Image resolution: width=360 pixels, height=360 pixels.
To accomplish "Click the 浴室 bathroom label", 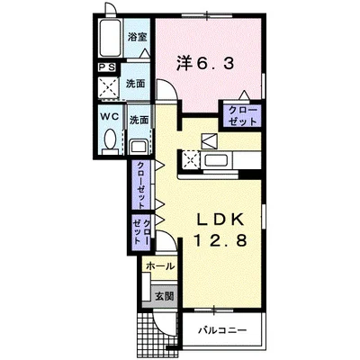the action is [x=137, y=37].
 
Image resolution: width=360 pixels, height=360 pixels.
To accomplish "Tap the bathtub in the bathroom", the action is [x=110, y=38].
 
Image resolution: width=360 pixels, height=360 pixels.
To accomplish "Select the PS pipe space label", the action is [x=107, y=67].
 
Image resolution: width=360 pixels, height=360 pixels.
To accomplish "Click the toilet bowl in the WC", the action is [x=111, y=139].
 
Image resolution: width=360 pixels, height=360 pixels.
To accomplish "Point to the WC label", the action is [x=110, y=117].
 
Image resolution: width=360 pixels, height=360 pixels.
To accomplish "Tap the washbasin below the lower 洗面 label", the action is [x=139, y=147].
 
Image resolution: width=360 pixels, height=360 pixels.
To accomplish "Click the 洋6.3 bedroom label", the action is [x=205, y=64].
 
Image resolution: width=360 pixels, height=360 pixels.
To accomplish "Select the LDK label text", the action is [x=220, y=220].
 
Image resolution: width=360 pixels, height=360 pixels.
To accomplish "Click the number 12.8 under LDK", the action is [x=220, y=240].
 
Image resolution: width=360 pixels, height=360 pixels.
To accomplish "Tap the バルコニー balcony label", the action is [x=222, y=330].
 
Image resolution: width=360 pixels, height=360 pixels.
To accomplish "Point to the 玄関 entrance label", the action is [x=164, y=296].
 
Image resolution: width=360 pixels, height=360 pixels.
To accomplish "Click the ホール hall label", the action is [x=160, y=266].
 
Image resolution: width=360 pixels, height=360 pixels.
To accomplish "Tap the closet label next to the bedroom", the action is [x=243, y=116].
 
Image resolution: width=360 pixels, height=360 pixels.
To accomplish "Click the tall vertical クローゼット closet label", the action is [x=140, y=185].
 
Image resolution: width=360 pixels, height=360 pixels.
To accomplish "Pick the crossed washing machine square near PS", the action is [x=108, y=87].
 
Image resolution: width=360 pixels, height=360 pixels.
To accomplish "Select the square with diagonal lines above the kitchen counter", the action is [x=210, y=140].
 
